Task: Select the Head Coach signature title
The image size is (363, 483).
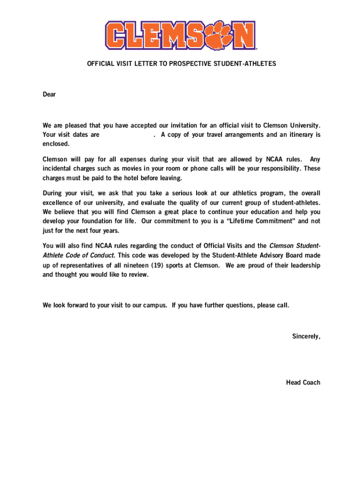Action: (x=303, y=382)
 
